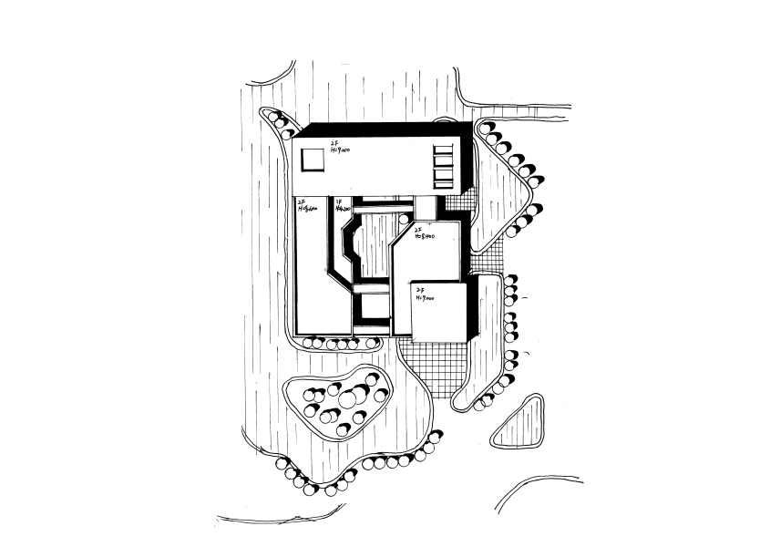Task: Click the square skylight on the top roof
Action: pyautogui.click(x=313, y=159)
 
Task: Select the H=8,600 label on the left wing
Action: pyautogui.click(x=307, y=206)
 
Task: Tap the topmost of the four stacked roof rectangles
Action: pyautogui.click(x=443, y=150)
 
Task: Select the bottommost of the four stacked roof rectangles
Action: pyautogui.click(x=443, y=182)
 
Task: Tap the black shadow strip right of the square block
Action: pyautogui.click(x=473, y=310)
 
